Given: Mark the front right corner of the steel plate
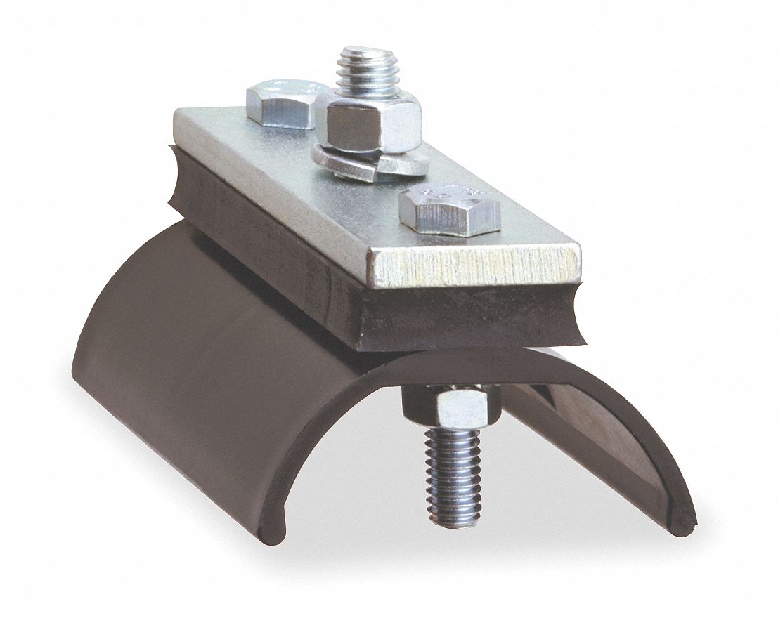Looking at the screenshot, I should tap(579, 250).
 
